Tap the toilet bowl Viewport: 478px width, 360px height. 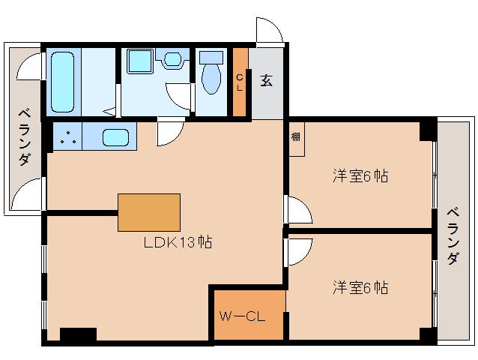click(211, 77)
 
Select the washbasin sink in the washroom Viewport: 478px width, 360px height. click(172, 59)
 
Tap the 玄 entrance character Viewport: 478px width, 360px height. click(266, 79)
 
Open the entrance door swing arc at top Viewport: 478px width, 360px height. click(268, 30)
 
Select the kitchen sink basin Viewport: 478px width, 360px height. click(115, 137)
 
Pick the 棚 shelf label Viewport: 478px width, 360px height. click(297, 137)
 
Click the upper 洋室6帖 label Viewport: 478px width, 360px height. click(360, 176)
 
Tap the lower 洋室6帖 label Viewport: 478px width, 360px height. click(360, 287)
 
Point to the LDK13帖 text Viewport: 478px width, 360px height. click(178, 242)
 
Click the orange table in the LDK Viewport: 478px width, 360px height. click(149, 212)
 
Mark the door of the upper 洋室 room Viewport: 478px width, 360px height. click(297, 209)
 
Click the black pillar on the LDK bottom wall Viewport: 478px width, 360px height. click(78, 335)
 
